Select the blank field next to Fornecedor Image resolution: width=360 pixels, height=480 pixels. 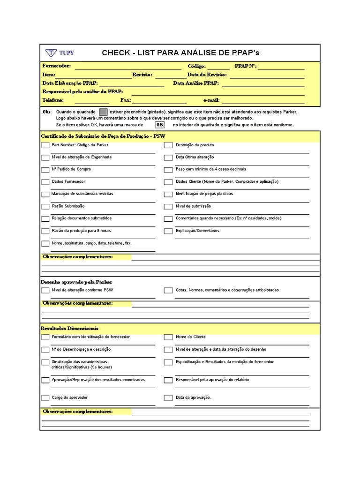127,67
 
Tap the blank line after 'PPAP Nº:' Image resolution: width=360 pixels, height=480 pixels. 281,67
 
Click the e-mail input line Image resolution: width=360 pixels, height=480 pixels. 263,100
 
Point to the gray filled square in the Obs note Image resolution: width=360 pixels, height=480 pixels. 103,112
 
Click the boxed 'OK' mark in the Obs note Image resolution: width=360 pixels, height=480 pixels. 160,125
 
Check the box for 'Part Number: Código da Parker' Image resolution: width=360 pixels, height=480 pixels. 45,145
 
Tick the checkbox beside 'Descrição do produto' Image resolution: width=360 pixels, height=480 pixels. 168,145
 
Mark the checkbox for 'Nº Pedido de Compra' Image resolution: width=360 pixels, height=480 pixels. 45,170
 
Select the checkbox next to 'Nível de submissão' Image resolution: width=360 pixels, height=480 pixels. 168,207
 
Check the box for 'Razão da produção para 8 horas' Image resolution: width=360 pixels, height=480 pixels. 45,231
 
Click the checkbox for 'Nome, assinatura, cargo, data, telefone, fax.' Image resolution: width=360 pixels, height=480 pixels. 45,244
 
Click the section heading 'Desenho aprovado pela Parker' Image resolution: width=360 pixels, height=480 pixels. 77,282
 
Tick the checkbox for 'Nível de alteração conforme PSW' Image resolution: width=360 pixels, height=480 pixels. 45,291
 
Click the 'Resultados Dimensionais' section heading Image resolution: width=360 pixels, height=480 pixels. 70,329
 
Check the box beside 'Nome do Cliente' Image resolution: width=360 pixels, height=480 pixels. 168,337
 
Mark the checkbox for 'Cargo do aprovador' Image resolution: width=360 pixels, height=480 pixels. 45,398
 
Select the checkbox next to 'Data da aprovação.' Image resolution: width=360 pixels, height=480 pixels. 168,398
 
